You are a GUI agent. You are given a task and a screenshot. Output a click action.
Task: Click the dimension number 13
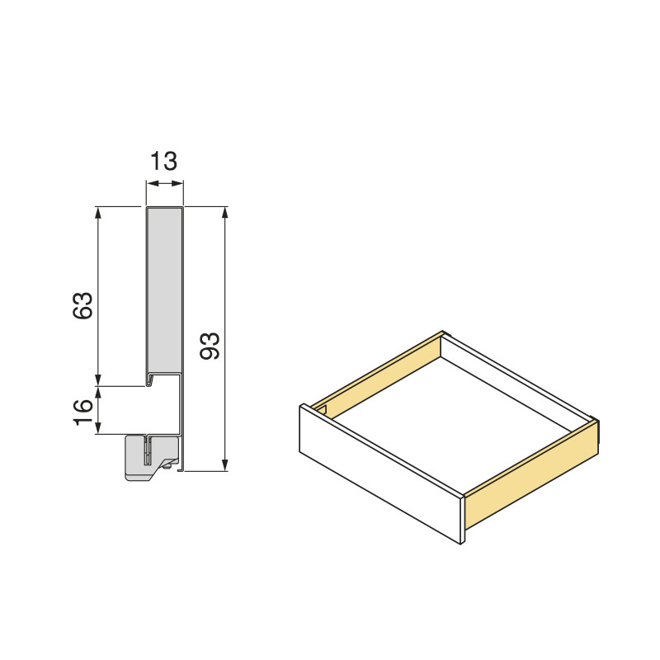click(164, 160)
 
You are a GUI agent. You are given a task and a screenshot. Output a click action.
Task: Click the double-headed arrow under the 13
click(164, 183)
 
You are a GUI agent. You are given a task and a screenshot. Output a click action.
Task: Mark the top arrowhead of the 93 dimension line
click(224, 212)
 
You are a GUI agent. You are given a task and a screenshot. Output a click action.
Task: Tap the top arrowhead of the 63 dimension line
click(99, 212)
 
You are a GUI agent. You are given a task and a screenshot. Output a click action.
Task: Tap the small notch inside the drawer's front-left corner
click(323, 410)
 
